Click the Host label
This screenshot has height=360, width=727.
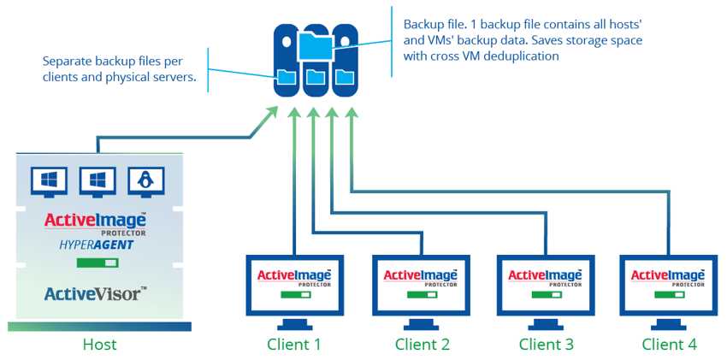pyautogui.click(x=99, y=345)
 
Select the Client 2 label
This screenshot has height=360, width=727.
pyautogui.click(x=422, y=345)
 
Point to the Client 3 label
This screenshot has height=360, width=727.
pyautogui.click(x=546, y=345)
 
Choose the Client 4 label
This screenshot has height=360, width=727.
pyautogui.click(x=670, y=345)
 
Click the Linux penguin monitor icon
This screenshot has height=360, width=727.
pyautogui.click(x=145, y=180)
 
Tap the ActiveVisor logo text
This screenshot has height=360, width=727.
pyautogui.click(x=96, y=294)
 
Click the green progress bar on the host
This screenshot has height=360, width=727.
pyautogui.click(x=96, y=263)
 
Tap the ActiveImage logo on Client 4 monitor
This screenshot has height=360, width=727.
pyautogui.click(x=669, y=275)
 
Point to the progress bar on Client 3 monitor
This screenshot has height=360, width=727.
pyautogui.click(x=546, y=294)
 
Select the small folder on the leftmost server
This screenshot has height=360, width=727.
pyautogui.click(x=286, y=79)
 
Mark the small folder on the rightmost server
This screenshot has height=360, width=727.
pyautogui.click(x=344, y=78)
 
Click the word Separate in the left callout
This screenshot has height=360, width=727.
pyautogui.click(x=67, y=62)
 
